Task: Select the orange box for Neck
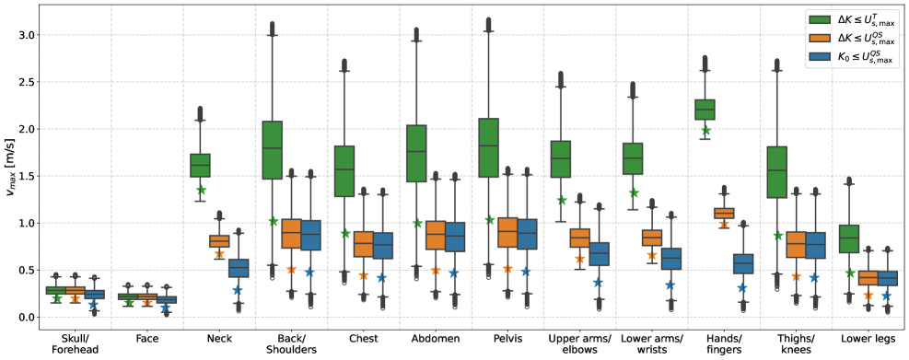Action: pos(219,241)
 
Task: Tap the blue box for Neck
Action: pos(239,268)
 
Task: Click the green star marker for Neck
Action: pos(201,190)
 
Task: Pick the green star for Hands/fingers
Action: pos(705,131)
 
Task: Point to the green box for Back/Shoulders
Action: pos(273,149)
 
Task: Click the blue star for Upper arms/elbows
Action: pos(598,283)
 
